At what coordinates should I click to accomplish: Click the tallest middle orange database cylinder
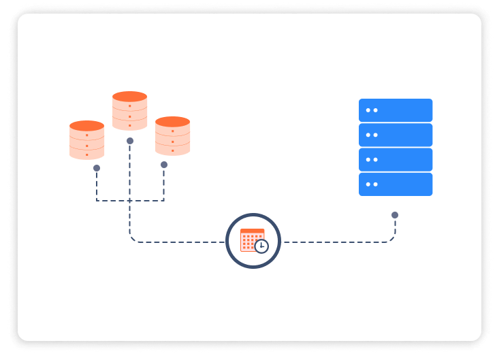[129, 111]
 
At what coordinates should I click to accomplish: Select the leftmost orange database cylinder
[86, 141]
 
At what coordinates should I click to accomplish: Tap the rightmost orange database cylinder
[172, 137]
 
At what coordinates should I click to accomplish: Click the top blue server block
[396, 110]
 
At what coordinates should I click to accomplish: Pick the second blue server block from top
[396, 135]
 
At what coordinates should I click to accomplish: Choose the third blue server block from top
[396, 159]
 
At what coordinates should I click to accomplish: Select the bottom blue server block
[396, 184]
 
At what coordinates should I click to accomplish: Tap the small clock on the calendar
[261, 246]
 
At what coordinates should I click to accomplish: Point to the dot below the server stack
[395, 215]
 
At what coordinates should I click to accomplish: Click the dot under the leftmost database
[97, 167]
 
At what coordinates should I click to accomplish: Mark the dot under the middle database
[130, 141]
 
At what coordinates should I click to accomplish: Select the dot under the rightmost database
[164, 165]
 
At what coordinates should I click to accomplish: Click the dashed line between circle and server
[334, 242]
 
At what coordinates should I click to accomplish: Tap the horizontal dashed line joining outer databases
[130, 200]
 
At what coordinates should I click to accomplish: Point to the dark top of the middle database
[129, 97]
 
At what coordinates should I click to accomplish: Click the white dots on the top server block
[372, 110]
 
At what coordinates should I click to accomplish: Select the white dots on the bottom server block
[372, 184]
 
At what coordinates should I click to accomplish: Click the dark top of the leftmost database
[86, 126]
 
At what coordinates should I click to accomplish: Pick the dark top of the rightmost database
[172, 122]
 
